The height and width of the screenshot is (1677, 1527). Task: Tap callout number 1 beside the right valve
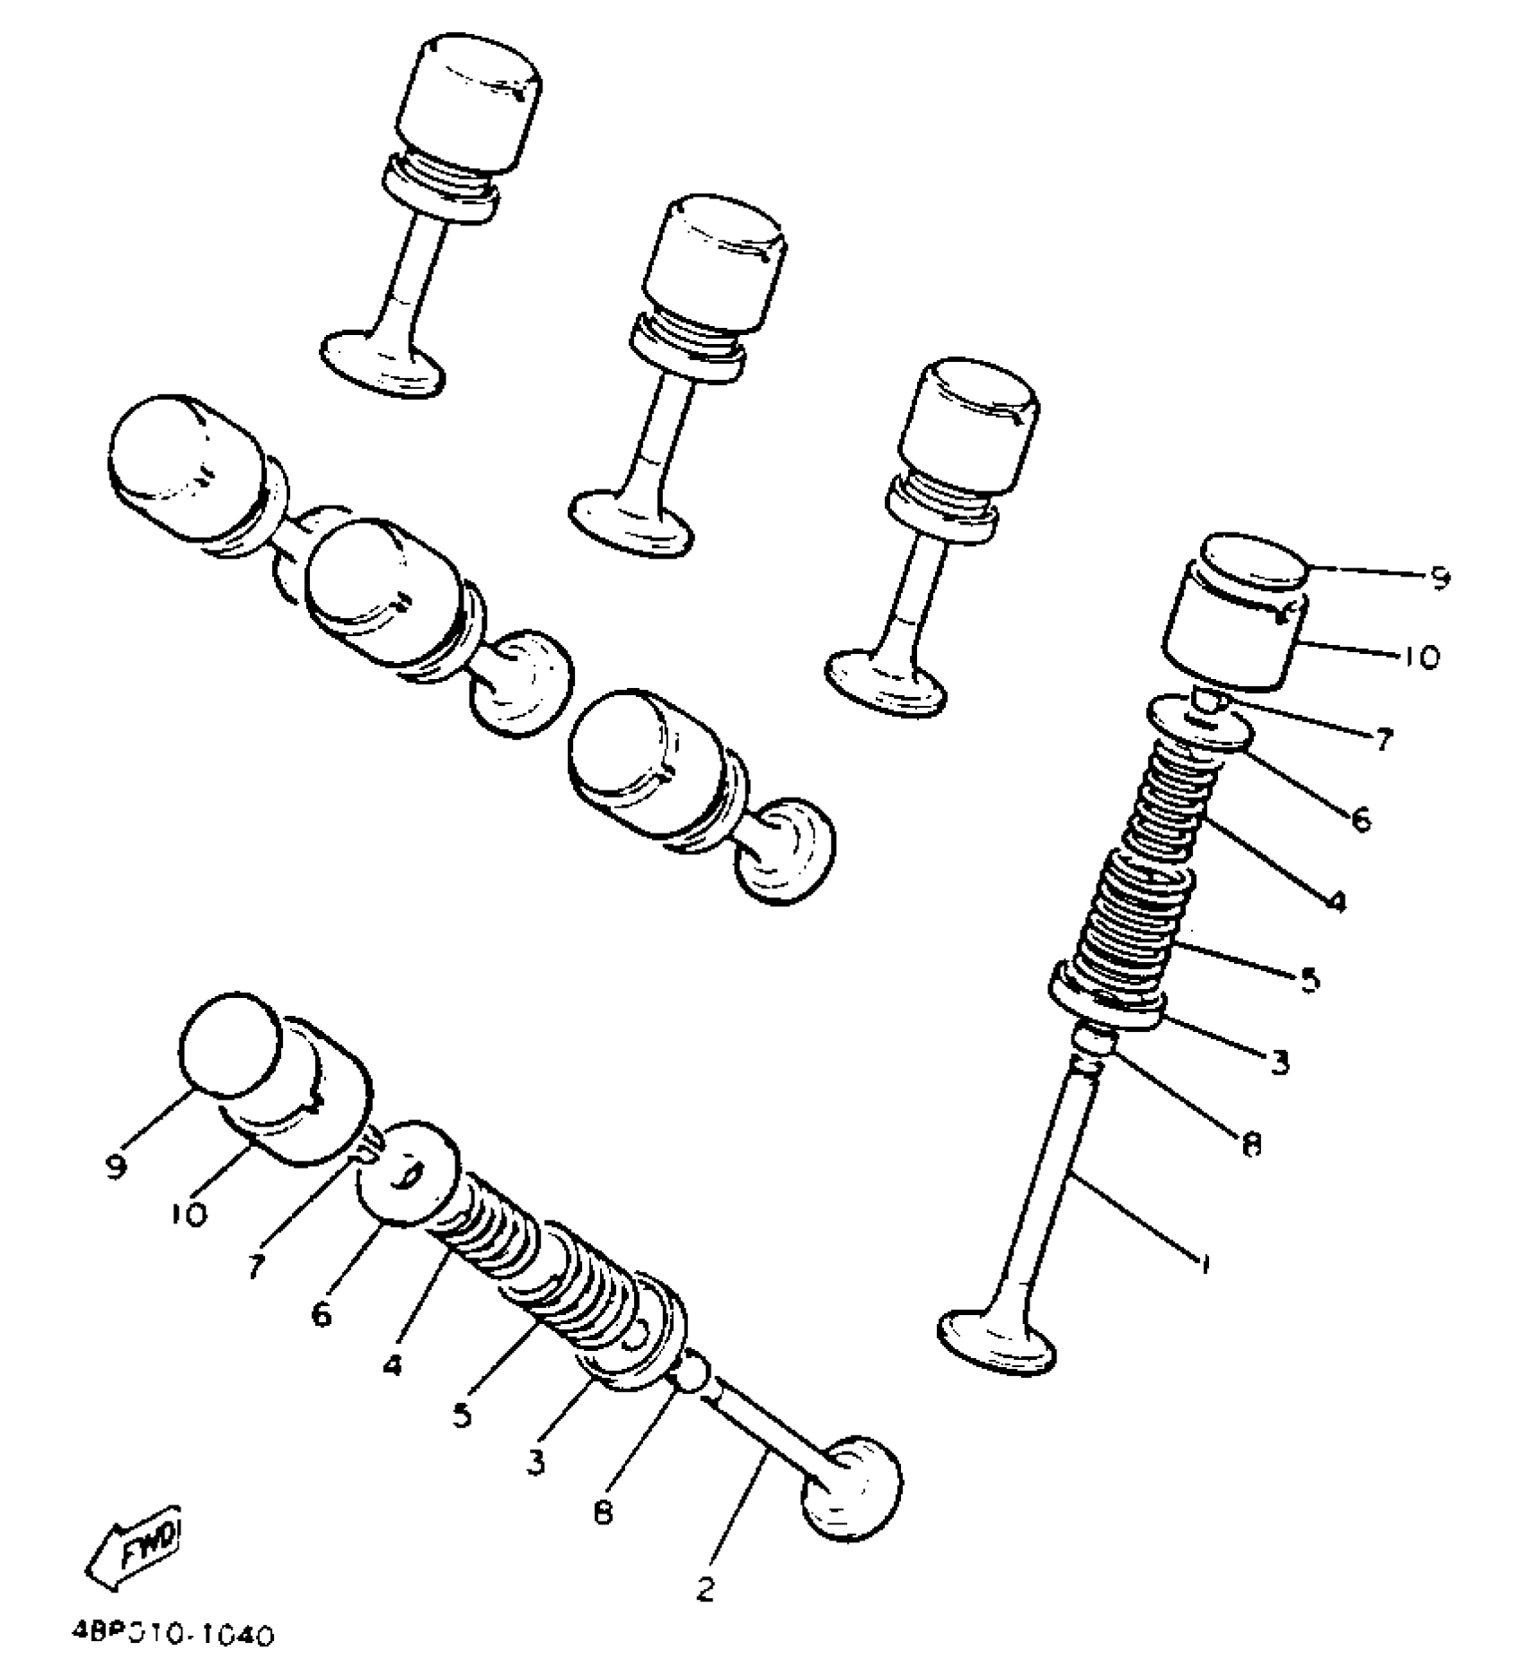point(1205,1264)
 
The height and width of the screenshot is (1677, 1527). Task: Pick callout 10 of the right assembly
point(1420,657)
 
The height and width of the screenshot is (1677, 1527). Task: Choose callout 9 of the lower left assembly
point(116,1168)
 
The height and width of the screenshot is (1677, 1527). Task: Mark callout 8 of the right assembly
point(1250,1143)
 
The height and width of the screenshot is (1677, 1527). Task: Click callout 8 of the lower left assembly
point(603,1512)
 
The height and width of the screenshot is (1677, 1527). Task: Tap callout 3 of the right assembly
point(1278,1062)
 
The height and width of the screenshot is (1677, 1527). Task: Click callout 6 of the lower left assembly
point(321,1314)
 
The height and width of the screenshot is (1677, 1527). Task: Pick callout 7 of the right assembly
point(1382,739)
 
